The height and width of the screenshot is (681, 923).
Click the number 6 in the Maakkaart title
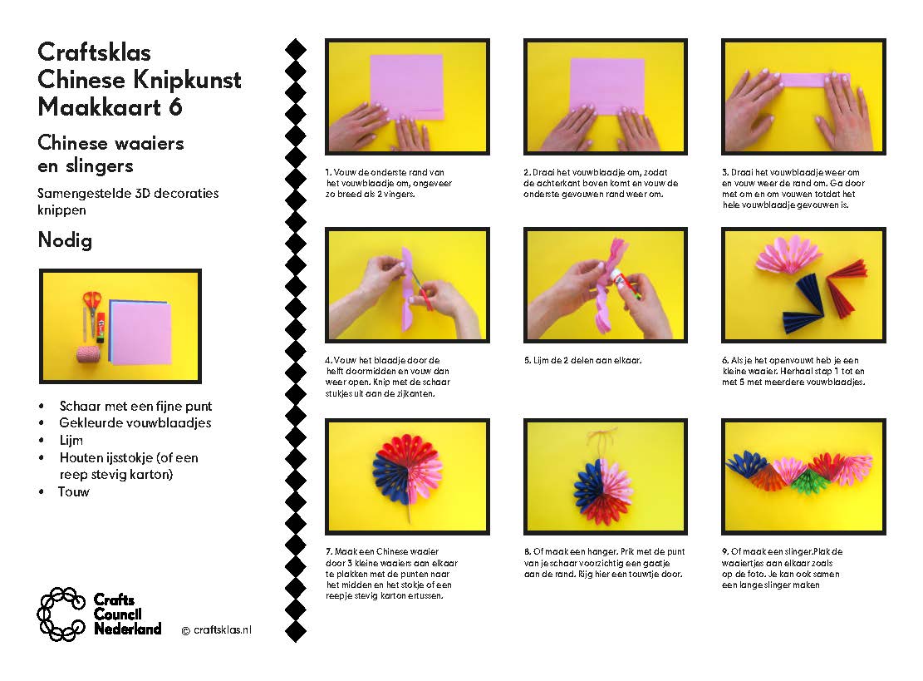[174, 107]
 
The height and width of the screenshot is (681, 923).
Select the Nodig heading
[65, 240]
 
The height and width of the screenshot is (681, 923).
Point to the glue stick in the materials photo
[101, 328]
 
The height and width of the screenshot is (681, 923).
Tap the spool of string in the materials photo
[89, 354]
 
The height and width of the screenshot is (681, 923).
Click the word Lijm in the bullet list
[71, 441]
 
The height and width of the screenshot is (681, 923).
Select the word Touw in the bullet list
[74, 492]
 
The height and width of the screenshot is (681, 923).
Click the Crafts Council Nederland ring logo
[61, 614]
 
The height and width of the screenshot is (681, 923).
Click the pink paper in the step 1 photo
[407, 86]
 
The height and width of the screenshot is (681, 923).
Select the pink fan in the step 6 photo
[788, 254]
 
